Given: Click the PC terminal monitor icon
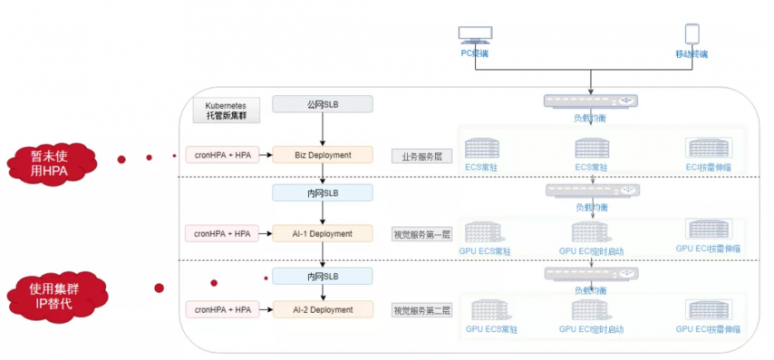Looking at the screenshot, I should [474, 36].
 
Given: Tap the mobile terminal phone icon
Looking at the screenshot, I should [691, 34].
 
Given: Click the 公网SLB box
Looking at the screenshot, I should [323, 104].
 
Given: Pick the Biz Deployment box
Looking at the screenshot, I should [323, 155].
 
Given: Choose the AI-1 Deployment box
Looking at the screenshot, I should [323, 233].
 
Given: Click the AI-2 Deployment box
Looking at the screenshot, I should [323, 310].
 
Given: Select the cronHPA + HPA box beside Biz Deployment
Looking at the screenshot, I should [222, 155].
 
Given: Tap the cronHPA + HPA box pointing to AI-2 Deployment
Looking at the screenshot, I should [222, 310].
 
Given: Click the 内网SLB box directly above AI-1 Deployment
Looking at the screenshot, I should [323, 192].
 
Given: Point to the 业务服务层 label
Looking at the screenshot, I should [422, 156].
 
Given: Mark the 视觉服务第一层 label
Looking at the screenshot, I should [422, 234].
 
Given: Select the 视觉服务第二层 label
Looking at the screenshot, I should [422, 310].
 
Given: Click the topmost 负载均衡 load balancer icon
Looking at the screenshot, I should [591, 101].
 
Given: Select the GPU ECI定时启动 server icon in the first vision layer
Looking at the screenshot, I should [591, 231].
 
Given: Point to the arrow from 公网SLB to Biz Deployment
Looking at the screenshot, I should [323, 129].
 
